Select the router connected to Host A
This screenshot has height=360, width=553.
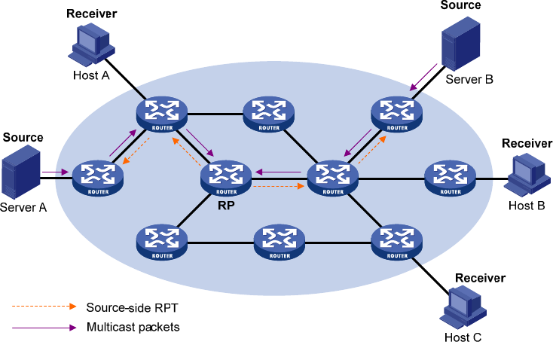tap(162, 114)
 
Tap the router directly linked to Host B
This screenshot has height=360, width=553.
tap(450, 178)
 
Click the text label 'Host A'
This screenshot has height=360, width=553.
tap(90, 75)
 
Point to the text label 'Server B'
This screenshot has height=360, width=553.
tap(469, 78)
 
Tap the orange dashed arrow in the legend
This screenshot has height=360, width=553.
tap(44, 307)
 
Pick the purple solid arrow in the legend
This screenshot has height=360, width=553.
tap(44, 328)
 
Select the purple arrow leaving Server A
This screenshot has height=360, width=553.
tap(54, 172)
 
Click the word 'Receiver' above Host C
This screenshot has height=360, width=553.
tap(480, 278)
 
